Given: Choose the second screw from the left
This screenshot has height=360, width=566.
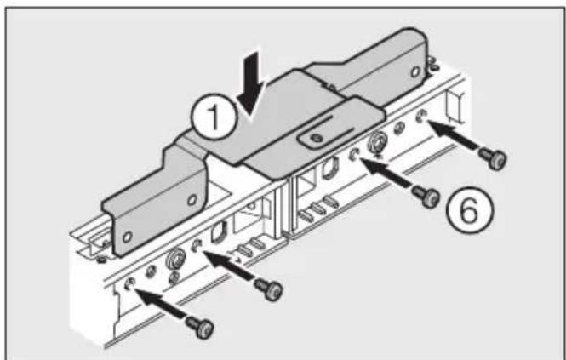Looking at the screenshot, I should [x=272, y=289].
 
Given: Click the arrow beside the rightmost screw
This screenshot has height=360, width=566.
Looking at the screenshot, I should [x=450, y=136].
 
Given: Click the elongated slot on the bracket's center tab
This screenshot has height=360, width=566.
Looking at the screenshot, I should [x=313, y=138].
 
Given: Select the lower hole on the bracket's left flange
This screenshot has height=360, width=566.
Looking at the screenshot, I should [x=128, y=234].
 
